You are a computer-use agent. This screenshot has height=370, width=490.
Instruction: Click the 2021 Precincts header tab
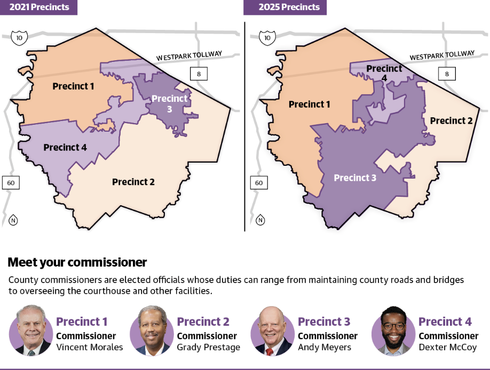point(38,7)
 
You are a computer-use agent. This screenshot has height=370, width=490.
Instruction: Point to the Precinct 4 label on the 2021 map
point(65,147)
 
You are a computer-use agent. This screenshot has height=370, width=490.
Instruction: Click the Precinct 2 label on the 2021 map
point(133,182)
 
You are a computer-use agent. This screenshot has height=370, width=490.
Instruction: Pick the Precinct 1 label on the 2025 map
point(310,104)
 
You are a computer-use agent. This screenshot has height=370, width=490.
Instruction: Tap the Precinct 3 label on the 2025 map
point(355,178)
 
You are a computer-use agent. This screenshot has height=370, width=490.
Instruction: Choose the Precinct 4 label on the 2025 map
point(384,73)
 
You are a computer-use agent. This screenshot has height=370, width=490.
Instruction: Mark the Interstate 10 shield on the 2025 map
point(267,38)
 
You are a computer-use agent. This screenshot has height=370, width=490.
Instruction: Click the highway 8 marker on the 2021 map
point(199,74)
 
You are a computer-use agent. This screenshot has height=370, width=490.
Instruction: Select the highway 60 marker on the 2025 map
point(259,183)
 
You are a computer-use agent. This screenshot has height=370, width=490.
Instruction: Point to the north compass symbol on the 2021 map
point(13,220)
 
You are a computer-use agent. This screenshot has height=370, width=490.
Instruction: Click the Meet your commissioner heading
point(77,262)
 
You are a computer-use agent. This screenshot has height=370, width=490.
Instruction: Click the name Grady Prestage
point(209,348)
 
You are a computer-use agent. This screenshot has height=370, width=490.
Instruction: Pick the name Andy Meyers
point(325,348)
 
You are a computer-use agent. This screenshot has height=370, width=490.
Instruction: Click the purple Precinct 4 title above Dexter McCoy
point(445,321)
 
